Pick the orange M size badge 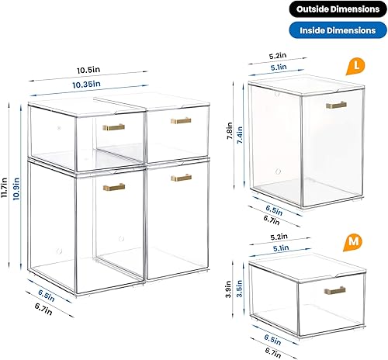(355, 241)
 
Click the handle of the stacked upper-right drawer (182, 120)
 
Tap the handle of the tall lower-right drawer (182, 178)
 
